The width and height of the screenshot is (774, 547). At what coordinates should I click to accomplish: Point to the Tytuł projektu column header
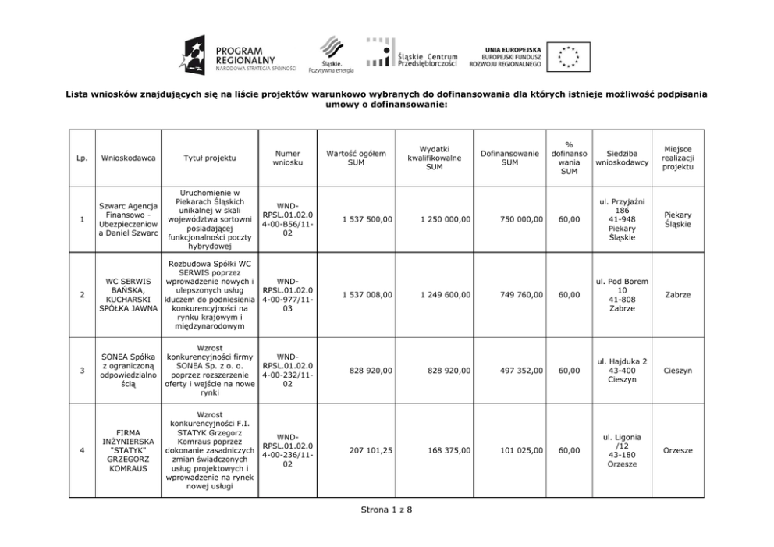209,158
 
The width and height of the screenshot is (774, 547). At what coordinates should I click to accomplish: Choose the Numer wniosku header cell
288,158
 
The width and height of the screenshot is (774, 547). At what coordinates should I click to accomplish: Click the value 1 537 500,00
367,220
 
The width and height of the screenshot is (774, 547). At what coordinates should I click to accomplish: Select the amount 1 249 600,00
445,295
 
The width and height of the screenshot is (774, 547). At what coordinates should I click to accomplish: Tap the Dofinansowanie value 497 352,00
517,371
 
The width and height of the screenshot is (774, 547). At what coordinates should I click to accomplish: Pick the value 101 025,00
517,449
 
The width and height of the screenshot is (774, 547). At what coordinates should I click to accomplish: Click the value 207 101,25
367,449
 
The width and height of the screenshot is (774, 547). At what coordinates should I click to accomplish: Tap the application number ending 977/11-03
288,295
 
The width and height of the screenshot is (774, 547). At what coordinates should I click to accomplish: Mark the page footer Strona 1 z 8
386,510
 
